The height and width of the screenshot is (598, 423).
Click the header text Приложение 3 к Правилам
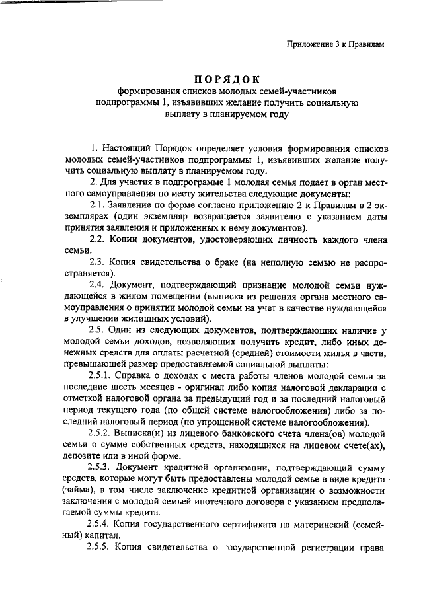click(x=335, y=44)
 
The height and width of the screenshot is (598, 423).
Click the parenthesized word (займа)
click(x=84, y=491)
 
